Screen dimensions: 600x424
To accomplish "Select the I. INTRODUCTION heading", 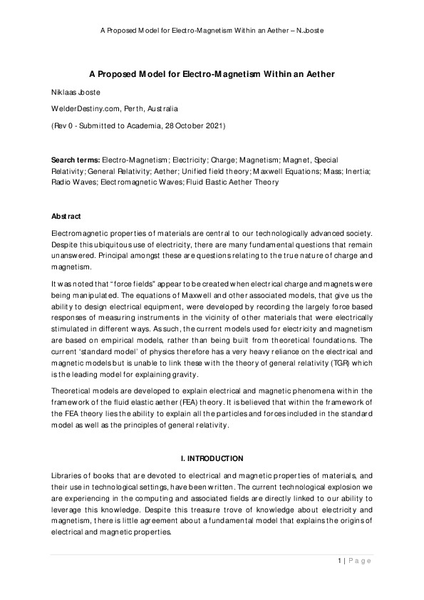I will [212, 457].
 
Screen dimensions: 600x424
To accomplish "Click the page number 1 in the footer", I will [340, 561].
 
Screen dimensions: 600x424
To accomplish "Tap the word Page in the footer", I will [361, 561].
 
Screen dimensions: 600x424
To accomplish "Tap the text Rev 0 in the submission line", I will [69, 125].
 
